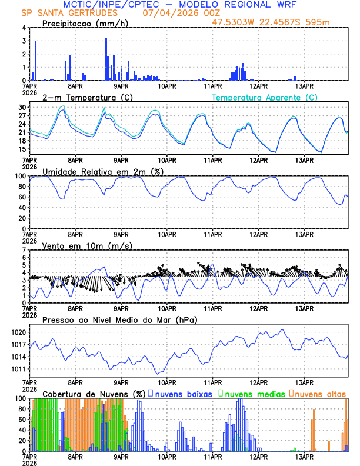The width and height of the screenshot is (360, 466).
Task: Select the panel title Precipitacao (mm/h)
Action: pos(86,24)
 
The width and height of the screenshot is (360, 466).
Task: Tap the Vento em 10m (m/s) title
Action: pos(79,245)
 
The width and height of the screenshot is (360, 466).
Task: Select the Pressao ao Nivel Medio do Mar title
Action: pos(119,319)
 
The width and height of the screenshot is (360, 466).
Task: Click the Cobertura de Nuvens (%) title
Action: pos(94,394)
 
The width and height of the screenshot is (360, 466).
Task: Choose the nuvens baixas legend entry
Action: pos(184,394)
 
